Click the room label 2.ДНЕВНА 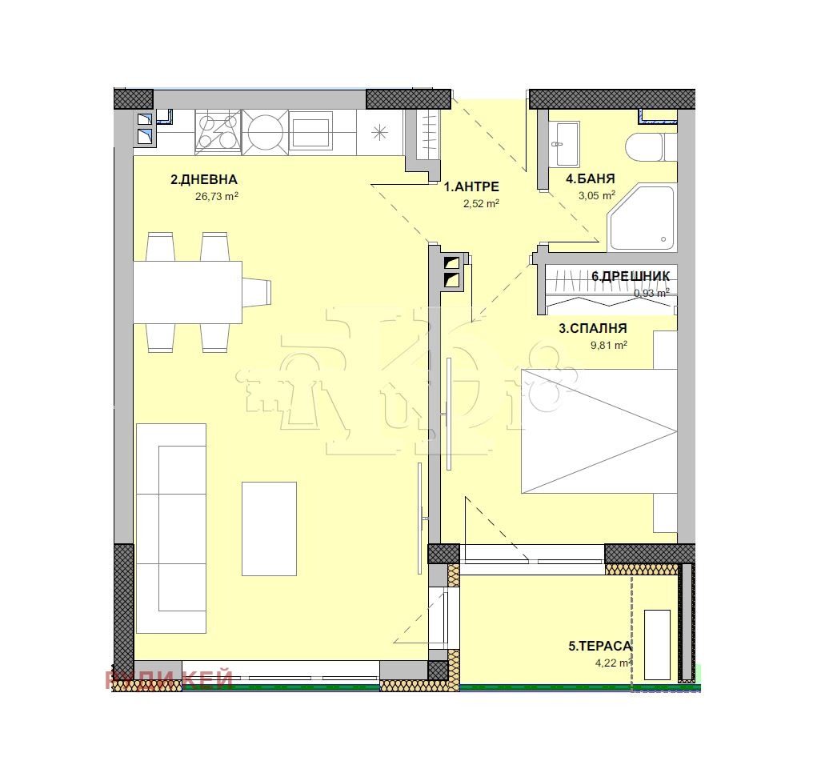tap(204, 180)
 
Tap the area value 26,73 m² tap(218, 195)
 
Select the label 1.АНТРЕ tap(471, 187)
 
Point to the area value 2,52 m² tap(481, 203)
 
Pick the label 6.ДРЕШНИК tap(631, 277)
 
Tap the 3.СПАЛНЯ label tap(592, 328)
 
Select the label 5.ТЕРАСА tap(600, 646)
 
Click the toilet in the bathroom tap(645, 147)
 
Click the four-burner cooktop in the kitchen tap(217, 131)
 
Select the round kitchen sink tap(263, 131)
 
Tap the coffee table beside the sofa tap(269, 528)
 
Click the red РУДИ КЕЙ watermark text tap(170, 679)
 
